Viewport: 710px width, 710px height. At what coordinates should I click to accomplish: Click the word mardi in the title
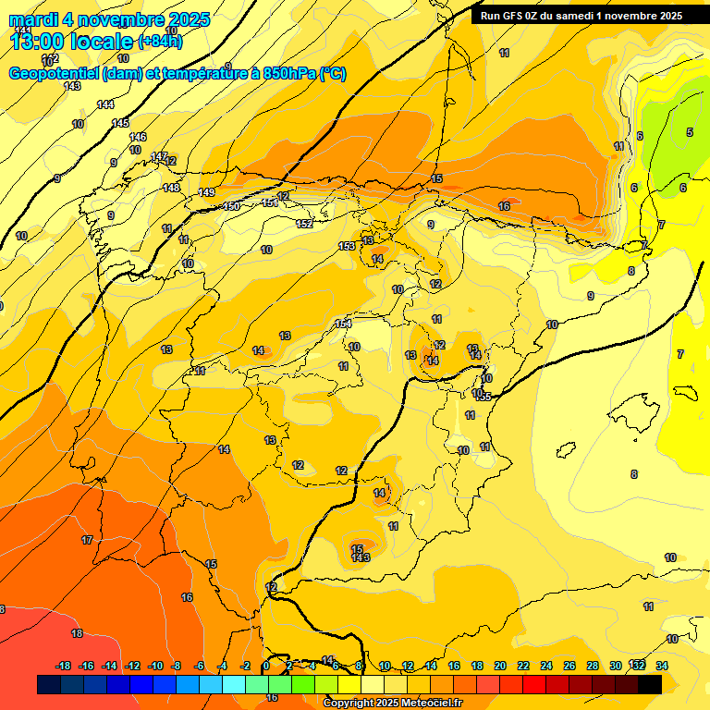point(34,19)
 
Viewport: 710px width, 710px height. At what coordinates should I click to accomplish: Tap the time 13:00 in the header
point(43,41)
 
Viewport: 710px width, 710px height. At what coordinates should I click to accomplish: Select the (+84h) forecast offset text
point(160,41)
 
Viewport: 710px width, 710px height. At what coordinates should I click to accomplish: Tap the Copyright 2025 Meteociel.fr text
point(392,703)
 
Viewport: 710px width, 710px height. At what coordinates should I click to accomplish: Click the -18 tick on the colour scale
point(64,666)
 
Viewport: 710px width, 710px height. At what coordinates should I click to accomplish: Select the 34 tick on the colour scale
point(661,666)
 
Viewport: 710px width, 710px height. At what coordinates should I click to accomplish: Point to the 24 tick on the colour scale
point(546,666)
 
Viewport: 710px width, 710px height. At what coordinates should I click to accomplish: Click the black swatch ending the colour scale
point(650,684)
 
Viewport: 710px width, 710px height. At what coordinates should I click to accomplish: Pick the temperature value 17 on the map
point(87,540)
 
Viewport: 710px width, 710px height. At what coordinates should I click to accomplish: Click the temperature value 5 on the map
point(689,133)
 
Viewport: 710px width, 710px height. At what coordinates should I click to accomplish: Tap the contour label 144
point(105,104)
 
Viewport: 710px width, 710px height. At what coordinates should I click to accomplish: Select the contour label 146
point(138,137)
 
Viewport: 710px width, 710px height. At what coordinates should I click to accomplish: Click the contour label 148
point(171,188)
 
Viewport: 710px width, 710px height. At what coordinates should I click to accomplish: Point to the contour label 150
point(231,206)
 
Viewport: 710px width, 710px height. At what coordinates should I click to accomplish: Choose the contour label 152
point(304,225)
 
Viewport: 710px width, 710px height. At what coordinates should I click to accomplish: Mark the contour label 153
point(347,246)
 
